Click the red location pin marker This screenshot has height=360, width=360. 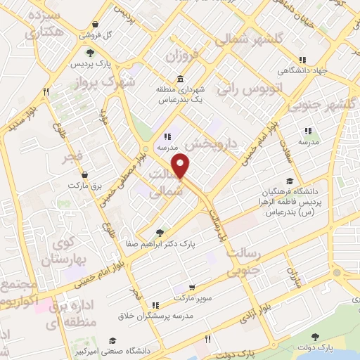click(182, 166)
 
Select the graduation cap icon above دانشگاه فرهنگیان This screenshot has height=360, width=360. click(290, 181)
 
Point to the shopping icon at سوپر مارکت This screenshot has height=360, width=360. click(193, 288)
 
